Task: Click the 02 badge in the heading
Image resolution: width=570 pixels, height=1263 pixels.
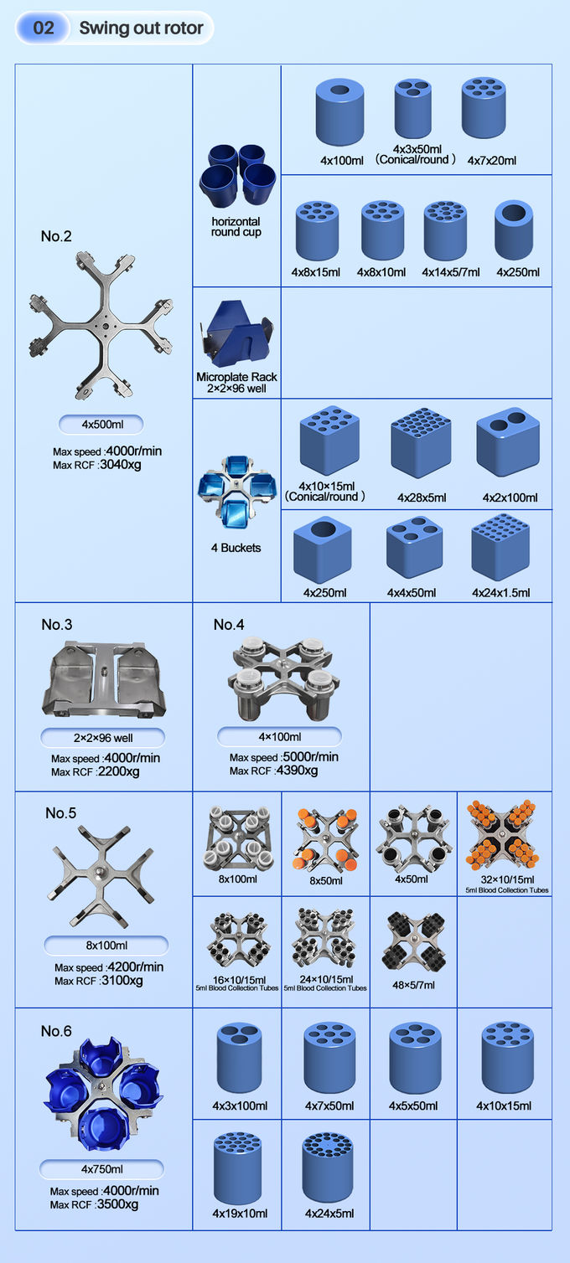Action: point(44,28)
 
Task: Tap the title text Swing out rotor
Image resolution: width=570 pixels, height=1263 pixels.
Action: point(141,28)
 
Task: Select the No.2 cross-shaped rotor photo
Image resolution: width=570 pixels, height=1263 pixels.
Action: point(101,325)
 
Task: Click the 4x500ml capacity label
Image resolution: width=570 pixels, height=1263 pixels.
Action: point(101,425)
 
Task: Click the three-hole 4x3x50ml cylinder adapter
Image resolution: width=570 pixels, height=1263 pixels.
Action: point(413,108)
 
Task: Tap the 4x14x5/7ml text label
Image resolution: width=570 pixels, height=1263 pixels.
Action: point(450,272)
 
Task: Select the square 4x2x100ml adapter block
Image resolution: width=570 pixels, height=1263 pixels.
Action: point(508,441)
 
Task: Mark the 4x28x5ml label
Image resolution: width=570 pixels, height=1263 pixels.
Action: point(422,497)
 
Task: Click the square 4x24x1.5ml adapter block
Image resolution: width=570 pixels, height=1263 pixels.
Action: point(500,547)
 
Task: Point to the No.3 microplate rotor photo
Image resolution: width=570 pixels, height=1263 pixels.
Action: point(104,679)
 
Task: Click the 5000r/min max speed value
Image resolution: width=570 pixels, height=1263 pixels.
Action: point(311,756)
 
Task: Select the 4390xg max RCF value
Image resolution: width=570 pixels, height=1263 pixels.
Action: point(297,771)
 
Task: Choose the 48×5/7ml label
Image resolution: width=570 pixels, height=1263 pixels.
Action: point(414,985)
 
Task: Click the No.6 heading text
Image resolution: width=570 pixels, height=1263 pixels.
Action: point(56,1031)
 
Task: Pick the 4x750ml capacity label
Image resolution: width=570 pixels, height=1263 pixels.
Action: point(101,1169)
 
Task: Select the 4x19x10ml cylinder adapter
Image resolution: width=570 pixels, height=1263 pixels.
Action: point(237,1168)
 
